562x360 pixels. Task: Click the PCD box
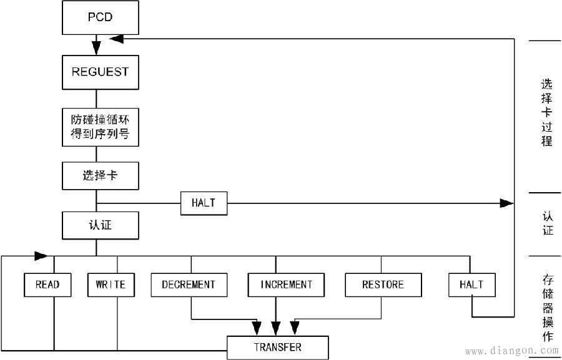[100, 17]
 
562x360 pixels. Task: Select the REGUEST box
[100, 72]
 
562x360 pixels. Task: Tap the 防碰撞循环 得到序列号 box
[100, 127]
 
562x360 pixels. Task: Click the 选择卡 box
[100, 176]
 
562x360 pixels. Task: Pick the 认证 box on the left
[100, 225]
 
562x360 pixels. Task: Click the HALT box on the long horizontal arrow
[204, 203]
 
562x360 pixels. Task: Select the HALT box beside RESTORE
[472, 285]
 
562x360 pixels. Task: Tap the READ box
[47, 285]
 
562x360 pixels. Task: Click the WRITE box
[111, 285]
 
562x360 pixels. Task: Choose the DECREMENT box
[189, 285]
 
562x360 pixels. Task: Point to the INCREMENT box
[287, 285]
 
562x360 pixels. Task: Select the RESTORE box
[383, 285]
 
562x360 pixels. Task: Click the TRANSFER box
[277, 348]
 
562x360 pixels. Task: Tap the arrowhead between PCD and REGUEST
[96, 47]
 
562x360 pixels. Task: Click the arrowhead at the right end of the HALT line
[506, 203]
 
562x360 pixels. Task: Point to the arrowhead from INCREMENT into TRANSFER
[275, 328]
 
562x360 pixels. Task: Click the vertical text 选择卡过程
[546, 112]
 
